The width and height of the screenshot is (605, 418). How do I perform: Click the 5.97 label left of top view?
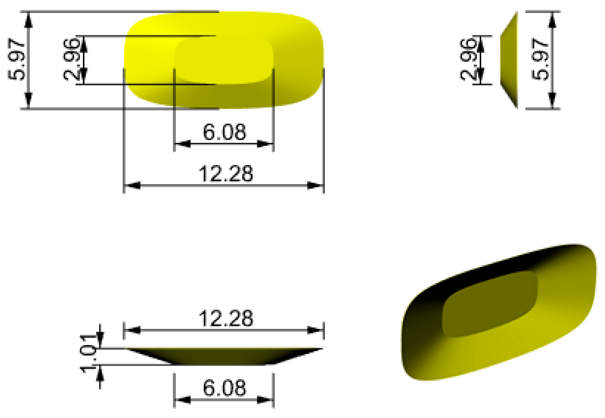(16, 60)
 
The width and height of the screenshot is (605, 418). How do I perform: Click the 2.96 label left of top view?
(71, 60)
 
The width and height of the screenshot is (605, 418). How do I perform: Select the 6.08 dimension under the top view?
(224, 132)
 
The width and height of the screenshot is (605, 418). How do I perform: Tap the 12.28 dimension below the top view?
(226, 173)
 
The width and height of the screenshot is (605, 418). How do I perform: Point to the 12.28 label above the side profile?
(226, 318)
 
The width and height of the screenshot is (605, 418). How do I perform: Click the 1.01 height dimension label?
(89, 353)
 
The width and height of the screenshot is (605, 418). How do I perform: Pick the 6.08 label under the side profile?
(224, 388)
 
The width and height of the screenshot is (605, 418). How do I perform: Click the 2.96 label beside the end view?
(468, 60)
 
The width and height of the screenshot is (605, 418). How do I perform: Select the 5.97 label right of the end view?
(540, 60)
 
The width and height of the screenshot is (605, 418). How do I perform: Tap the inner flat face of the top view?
(223, 60)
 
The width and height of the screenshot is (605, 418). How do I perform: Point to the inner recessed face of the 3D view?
(489, 304)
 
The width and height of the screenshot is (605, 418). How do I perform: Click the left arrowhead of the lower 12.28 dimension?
(132, 330)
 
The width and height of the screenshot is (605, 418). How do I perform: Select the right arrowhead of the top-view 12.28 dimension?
(315, 185)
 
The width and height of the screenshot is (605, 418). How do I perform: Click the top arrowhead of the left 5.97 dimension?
(29, 20)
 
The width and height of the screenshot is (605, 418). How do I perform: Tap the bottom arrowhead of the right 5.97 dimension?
(552, 100)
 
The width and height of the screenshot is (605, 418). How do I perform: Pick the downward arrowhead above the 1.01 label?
(100, 340)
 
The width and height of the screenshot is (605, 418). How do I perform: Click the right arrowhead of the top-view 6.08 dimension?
(265, 144)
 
